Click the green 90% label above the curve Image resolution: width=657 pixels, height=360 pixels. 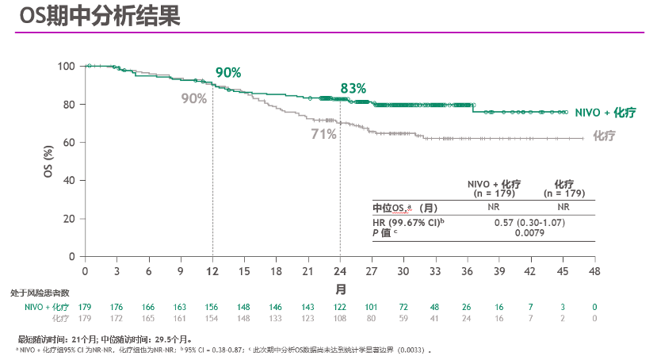pyautogui.click(x=228, y=73)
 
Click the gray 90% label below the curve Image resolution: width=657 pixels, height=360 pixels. pyautogui.click(x=193, y=98)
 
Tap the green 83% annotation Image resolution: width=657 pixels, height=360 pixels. pyautogui.click(x=353, y=88)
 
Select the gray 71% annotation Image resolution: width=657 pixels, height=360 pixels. pyautogui.click(x=323, y=134)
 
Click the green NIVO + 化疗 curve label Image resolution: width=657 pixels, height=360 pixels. pyautogui.click(x=605, y=113)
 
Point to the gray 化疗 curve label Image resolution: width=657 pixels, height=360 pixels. pyautogui.click(x=605, y=136)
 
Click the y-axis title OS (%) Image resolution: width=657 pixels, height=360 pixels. pyautogui.click(x=48, y=161)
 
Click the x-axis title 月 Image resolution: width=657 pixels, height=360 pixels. pyautogui.click(x=340, y=288)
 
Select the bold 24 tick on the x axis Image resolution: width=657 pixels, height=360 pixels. pyautogui.click(x=340, y=270)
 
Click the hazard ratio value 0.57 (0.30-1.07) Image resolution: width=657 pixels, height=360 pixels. pyautogui.click(x=530, y=223)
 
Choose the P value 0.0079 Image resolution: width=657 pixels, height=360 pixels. pyautogui.click(x=530, y=232)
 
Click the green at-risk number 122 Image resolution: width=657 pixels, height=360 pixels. pyautogui.click(x=340, y=307)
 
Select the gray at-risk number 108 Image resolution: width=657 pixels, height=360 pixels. pyautogui.click(x=340, y=318)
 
